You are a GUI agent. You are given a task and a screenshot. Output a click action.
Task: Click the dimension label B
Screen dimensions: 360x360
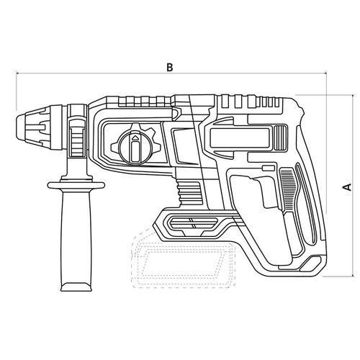point(170,68)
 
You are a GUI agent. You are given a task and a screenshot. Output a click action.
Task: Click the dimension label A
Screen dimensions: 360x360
point(347,187)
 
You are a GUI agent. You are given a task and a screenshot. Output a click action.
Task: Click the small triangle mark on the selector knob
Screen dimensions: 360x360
point(135,138)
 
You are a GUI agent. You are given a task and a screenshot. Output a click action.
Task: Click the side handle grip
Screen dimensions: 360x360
point(76,238)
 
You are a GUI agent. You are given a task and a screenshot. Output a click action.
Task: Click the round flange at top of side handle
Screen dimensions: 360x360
point(76,185)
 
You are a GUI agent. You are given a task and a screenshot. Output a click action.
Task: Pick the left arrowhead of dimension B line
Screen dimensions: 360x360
point(17,73)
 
